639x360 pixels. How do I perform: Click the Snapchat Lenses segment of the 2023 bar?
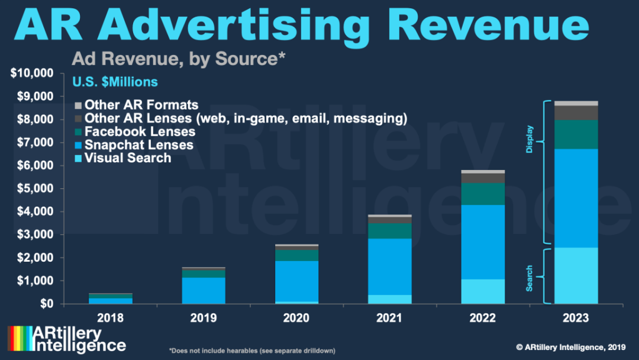576,198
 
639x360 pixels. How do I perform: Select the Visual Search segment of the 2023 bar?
576,275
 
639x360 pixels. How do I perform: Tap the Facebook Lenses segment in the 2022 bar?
483,194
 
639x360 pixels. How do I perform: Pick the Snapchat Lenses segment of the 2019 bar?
203,290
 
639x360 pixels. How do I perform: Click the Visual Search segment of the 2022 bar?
483,291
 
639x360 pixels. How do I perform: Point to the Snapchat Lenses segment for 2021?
389,266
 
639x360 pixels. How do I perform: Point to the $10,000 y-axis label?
33,73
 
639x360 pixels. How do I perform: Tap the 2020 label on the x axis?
296,318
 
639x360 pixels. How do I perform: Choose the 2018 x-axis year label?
111,318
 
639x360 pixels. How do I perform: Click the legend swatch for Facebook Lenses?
78,132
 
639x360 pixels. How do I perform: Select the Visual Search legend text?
128,158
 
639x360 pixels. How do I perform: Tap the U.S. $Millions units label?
115,81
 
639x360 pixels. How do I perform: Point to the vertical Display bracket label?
529,140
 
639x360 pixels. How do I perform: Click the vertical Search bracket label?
529,278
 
